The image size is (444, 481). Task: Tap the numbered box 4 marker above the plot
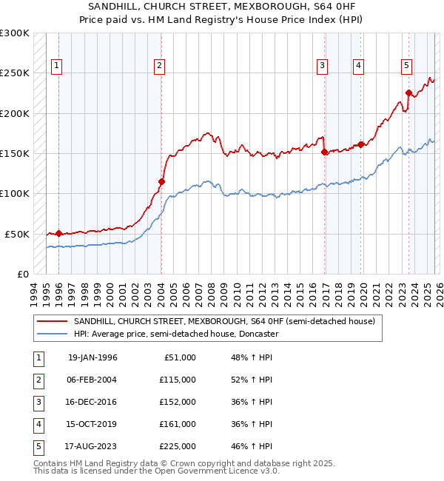point(358,66)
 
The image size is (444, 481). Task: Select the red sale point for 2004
point(161,181)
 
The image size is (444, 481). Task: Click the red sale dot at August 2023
point(408,93)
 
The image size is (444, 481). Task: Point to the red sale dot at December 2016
point(325,152)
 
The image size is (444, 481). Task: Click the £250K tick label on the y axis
point(15,73)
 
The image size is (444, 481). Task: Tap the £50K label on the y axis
point(17,234)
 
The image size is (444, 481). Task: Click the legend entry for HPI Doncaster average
point(175,334)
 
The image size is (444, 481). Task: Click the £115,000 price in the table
point(178,380)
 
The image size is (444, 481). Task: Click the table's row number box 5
point(37,446)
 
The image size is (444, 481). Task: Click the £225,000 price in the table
point(178,446)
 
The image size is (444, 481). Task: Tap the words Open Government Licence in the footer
point(216,471)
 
